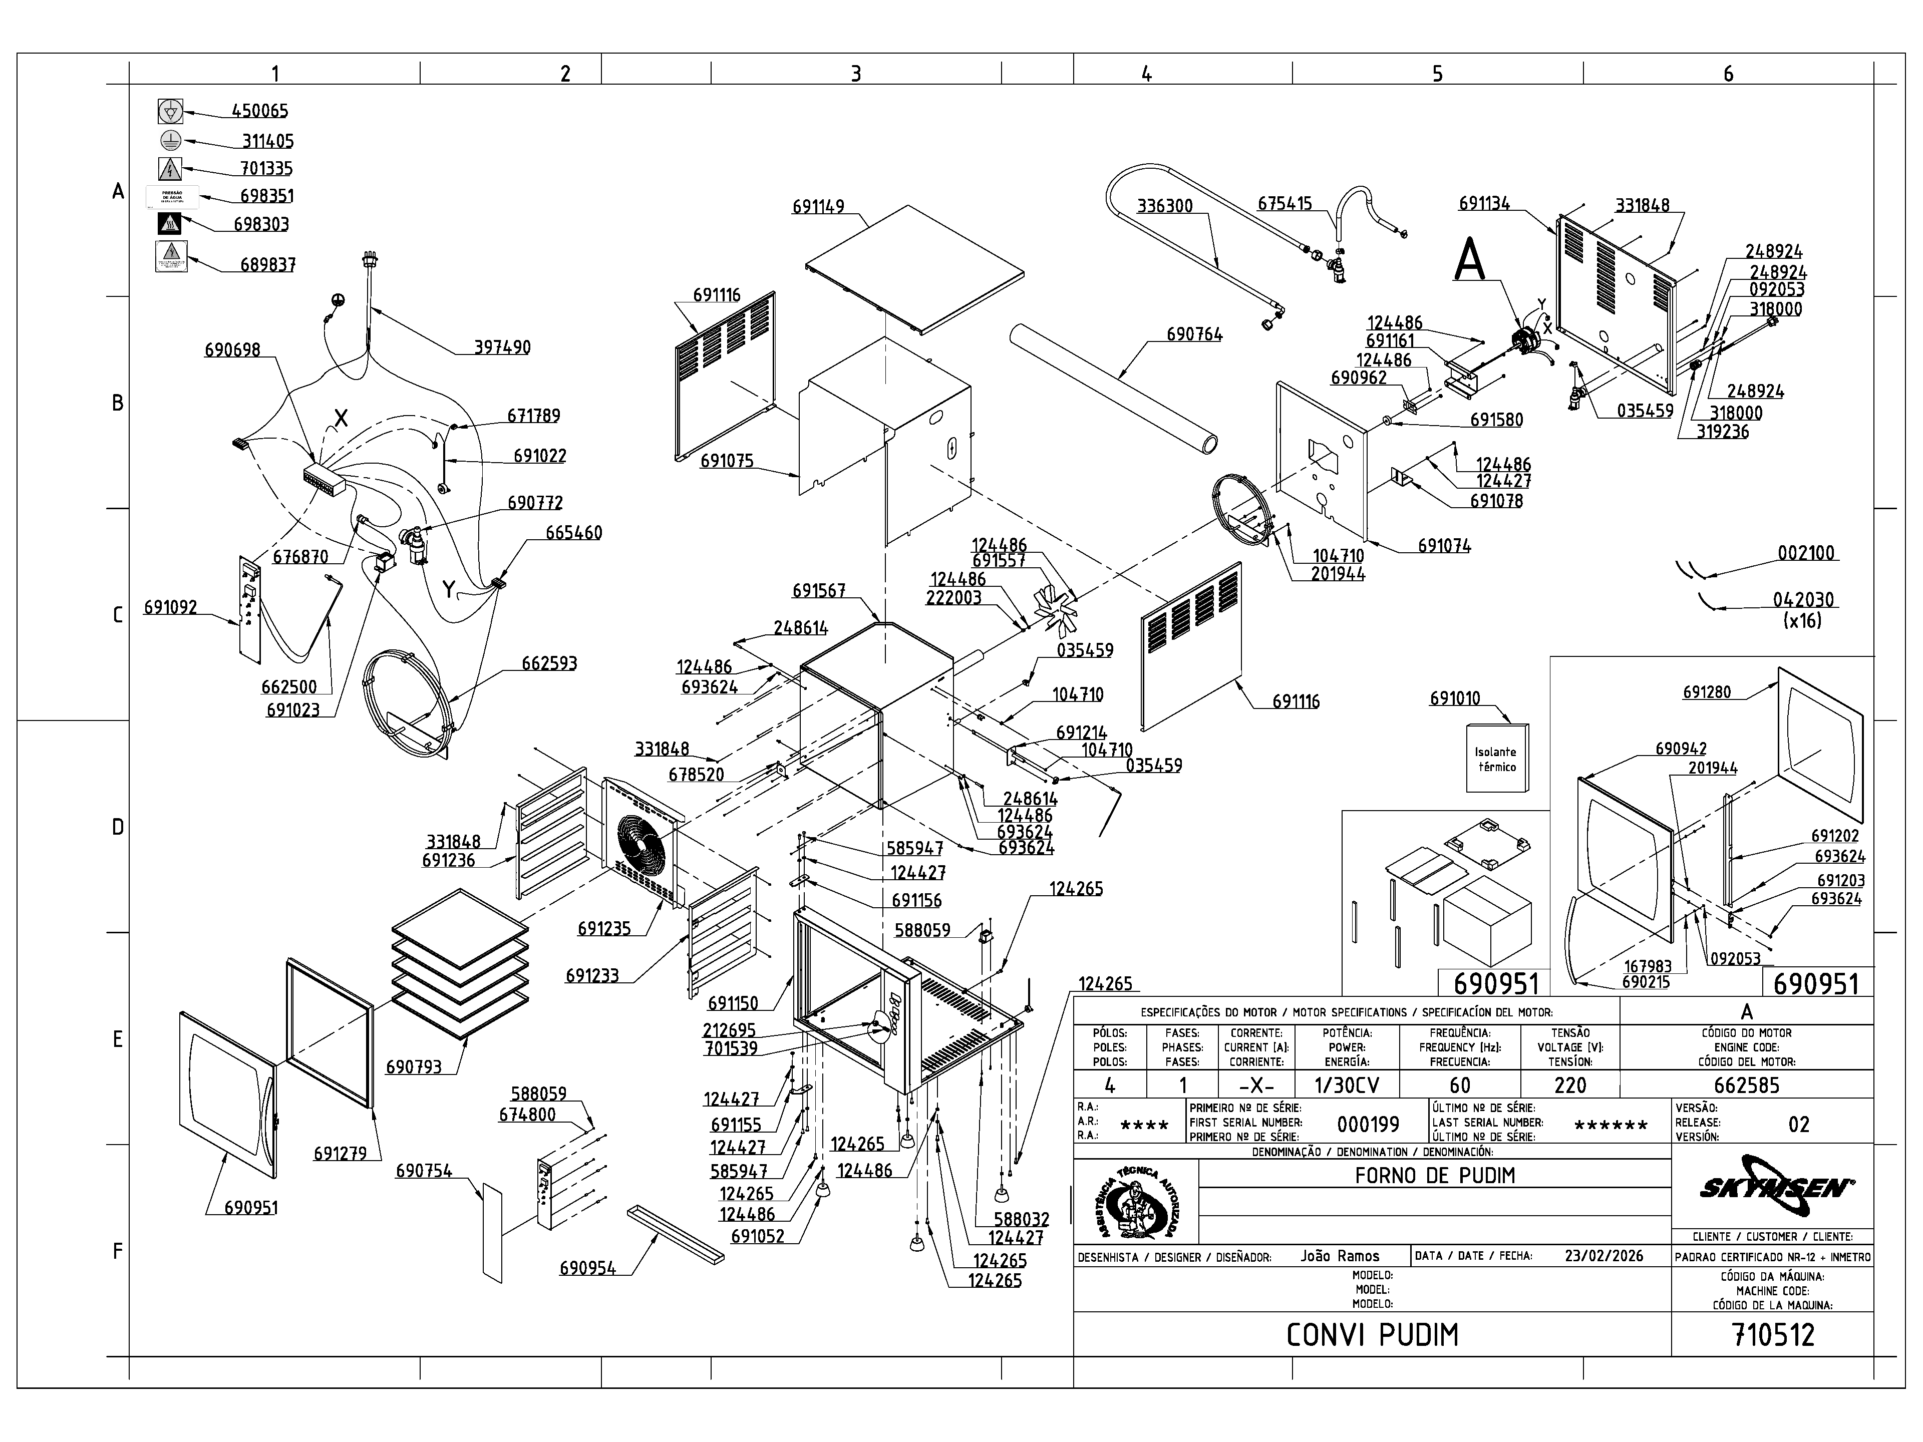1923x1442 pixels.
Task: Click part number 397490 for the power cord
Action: point(502,347)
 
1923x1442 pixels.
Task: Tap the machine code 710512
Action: point(1773,1334)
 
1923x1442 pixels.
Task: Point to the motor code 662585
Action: point(1747,1085)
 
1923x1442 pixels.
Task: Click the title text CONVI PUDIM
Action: point(1372,1335)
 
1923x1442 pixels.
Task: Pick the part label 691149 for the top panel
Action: point(818,207)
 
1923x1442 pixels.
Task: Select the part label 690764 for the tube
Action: point(1194,334)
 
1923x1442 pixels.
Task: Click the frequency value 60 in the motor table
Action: point(1460,1085)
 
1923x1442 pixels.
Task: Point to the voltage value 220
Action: point(1570,1085)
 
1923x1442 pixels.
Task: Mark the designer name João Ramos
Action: point(1340,1256)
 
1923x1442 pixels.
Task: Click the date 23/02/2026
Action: point(1604,1256)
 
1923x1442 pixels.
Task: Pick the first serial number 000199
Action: point(1368,1125)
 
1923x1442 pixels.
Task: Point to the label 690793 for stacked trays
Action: point(413,1066)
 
